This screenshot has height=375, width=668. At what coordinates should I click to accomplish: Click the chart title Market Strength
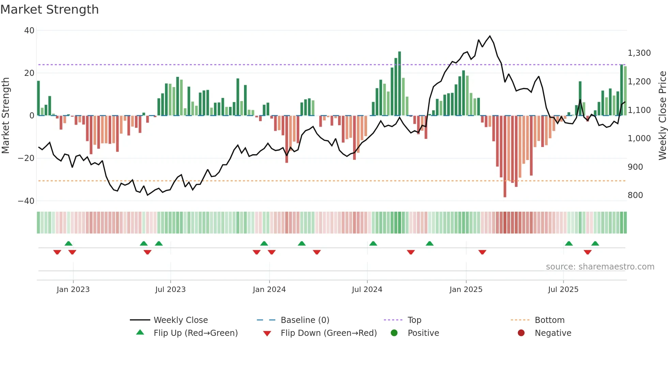pyautogui.click(x=50, y=10)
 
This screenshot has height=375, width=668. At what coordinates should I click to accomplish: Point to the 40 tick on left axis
pyautogui.click(x=29, y=31)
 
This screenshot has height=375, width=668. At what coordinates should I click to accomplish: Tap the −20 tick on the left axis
pyautogui.click(x=27, y=158)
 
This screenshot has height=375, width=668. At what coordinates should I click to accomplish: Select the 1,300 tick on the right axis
pyautogui.click(x=639, y=53)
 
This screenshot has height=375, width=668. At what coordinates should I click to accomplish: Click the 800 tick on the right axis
pyautogui.click(x=635, y=195)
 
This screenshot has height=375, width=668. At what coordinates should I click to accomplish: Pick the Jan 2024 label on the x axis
pyautogui.click(x=269, y=290)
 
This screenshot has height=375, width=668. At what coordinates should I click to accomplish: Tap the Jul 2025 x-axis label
pyautogui.click(x=563, y=290)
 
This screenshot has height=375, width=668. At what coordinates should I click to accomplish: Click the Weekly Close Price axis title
pyautogui.click(x=662, y=116)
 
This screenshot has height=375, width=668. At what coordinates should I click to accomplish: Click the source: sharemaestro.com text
pyautogui.click(x=600, y=267)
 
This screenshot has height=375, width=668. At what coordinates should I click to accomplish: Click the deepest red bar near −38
pyautogui.click(x=505, y=157)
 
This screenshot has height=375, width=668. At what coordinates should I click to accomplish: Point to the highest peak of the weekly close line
pyautogui.click(x=490, y=36)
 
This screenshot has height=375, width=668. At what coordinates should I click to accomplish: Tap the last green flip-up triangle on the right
pyautogui.click(x=595, y=244)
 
